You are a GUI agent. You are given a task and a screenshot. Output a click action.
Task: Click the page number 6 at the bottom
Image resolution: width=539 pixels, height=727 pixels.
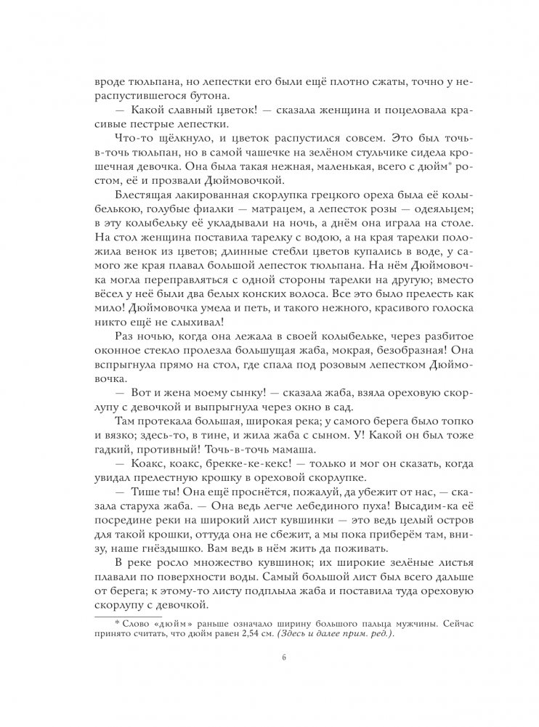[x=269, y=659]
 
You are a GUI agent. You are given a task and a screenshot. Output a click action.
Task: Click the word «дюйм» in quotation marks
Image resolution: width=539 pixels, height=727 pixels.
[x=161, y=622]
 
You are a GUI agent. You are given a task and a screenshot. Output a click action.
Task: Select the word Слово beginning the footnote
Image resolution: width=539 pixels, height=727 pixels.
[x=129, y=622]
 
